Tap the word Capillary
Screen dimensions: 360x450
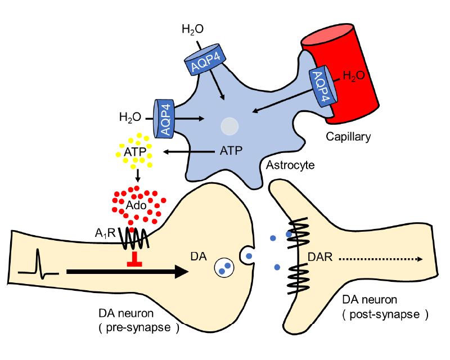click(349, 136)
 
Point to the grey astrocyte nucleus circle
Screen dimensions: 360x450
click(229, 126)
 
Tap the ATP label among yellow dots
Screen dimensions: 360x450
click(134, 152)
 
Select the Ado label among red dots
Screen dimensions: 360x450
click(137, 205)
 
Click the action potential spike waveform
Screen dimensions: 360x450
click(38, 264)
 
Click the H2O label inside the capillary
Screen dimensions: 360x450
click(357, 75)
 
